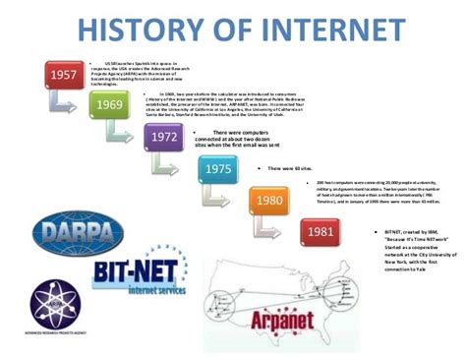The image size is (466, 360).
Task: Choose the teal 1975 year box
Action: tap(218, 169)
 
